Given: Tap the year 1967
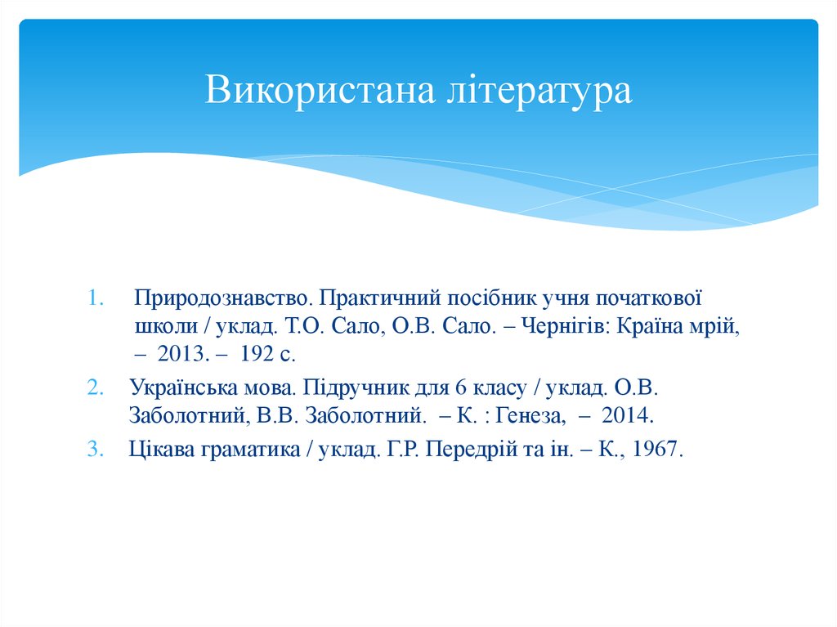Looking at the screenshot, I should click(652, 450).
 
